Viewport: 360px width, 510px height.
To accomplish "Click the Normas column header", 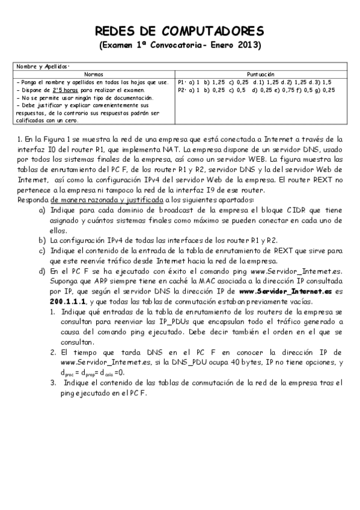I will coord(93,73).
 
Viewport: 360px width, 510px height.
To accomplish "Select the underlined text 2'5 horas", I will coord(63,90).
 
